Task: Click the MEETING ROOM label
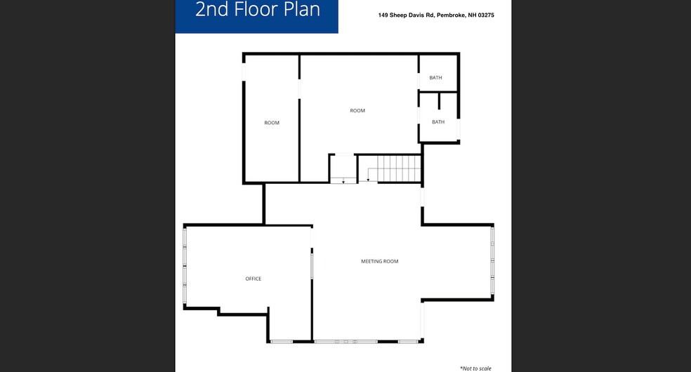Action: pyautogui.click(x=379, y=261)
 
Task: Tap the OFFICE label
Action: pyautogui.click(x=254, y=279)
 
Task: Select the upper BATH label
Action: pyautogui.click(x=435, y=77)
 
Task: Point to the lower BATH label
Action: pyautogui.click(x=438, y=122)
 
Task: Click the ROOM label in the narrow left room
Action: pyautogui.click(x=272, y=123)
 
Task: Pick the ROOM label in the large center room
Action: pyautogui.click(x=357, y=110)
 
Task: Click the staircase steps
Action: pyautogui.click(x=399, y=168)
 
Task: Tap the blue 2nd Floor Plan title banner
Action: pyautogui.click(x=256, y=16)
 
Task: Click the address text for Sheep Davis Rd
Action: pyautogui.click(x=436, y=15)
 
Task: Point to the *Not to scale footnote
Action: pyautogui.click(x=475, y=368)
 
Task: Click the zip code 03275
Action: pyautogui.click(x=486, y=15)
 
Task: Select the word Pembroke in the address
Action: pyautogui.click(x=451, y=15)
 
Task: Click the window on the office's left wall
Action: pyautogui.click(x=185, y=265)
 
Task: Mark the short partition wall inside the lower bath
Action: pyautogui.click(x=439, y=101)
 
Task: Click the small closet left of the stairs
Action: pyautogui.click(x=343, y=168)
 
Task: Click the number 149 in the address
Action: pyautogui.click(x=383, y=15)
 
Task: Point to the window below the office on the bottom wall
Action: pyautogui.click(x=282, y=342)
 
